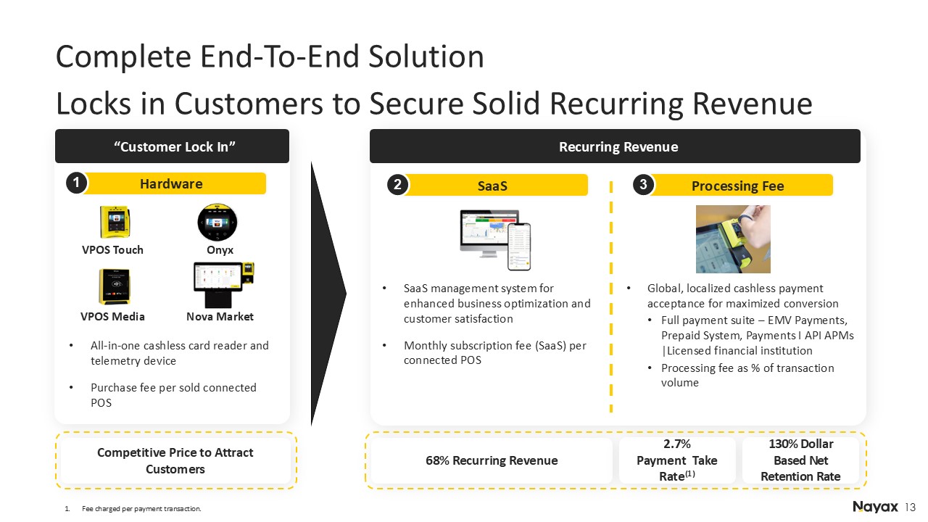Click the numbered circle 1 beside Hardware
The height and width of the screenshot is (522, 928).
pyautogui.click(x=76, y=183)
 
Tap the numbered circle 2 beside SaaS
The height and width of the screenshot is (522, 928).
pyautogui.click(x=397, y=185)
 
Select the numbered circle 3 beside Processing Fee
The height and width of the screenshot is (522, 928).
pyautogui.click(x=643, y=184)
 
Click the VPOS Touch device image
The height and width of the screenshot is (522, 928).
pyautogui.click(x=115, y=222)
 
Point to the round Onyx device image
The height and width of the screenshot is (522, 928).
pyautogui.click(x=217, y=222)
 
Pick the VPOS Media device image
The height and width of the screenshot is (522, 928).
pyautogui.click(x=114, y=286)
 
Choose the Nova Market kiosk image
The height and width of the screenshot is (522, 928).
pyautogui.click(x=224, y=285)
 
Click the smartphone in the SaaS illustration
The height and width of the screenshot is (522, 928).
pyautogui.click(x=519, y=247)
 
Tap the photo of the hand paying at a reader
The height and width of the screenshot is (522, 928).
pyautogui.click(x=733, y=239)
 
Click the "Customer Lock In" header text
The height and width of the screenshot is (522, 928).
pyautogui.click(x=175, y=146)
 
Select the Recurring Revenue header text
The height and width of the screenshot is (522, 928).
pyautogui.click(x=618, y=146)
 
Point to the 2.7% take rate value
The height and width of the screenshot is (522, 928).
pyautogui.click(x=677, y=444)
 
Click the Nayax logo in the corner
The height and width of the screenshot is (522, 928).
pyautogui.click(x=875, y=507)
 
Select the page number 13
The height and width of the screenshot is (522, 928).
pyautogui.click(x=910, y=507)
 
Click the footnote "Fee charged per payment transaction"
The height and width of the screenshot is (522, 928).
pyautogui.click(x=141, y=508)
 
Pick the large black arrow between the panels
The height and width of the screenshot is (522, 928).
pyautogui.click(x=328, y=294)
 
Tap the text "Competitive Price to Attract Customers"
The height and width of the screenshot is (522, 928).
pyautogui.click(x=175, y=460)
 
